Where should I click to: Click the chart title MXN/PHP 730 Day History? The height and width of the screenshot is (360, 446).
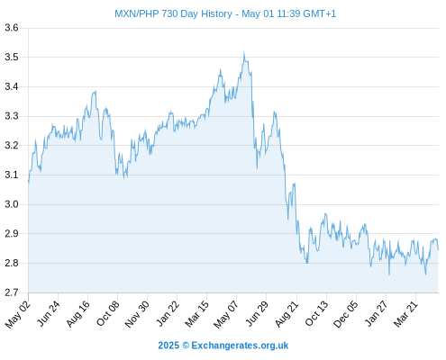coord(173,13)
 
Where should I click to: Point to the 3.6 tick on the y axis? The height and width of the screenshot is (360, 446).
coord(12,28)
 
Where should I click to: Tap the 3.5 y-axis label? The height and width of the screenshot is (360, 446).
coord(12,57)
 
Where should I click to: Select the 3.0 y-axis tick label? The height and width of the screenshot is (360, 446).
coord(12,204)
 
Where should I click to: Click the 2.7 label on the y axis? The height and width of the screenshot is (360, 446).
coord(12,292)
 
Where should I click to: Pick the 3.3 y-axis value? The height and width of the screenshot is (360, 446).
coord(12,116)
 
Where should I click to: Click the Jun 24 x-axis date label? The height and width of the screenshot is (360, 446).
coord(49,313)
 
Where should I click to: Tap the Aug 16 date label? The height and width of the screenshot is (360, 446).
coord(78,313)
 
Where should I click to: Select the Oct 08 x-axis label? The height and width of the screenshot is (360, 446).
coord(108,313)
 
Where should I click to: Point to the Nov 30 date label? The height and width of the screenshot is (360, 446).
coord(137,314)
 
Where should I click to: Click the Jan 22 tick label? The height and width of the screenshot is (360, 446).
coord(168,313)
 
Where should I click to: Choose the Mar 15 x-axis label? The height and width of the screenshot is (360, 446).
coord(197,313)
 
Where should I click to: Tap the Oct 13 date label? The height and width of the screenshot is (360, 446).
coord(317,313)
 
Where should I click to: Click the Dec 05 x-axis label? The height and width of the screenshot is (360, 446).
coord(346,314)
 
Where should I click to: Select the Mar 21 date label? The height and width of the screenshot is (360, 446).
coord(405,313)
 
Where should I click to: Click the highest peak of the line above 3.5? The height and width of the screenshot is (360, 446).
coord(244,52)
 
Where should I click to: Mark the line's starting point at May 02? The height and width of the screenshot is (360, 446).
coord(29,181)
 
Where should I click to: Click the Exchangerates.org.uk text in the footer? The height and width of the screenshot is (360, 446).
coord(240,346)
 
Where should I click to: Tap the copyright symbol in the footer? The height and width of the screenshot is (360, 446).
coord(186,346)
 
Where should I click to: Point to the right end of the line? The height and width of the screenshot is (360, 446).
coord(438,249)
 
